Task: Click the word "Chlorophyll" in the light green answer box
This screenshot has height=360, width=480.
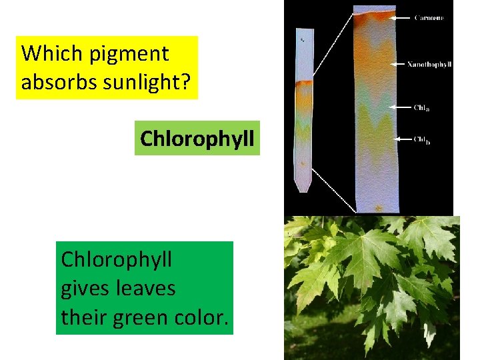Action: [197, 139]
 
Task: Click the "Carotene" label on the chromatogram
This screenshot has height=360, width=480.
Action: [429, 18]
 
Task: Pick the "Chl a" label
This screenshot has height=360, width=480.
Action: [421, 107]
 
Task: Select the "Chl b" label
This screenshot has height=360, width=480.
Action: [421, 139]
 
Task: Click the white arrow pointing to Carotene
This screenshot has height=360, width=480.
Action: [400, 18]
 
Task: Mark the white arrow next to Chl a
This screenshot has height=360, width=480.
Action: [401, 107]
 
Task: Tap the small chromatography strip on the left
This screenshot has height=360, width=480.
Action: [303, 110]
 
